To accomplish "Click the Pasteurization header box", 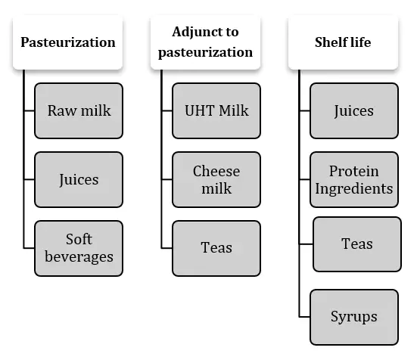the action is click(x=67, y=42).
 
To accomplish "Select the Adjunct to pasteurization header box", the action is click(x=205, y=42).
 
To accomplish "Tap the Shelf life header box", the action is click(x=343, y=42).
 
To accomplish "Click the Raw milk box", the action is click(x=79, y=110).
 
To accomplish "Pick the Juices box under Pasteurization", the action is click(x=79, y=179).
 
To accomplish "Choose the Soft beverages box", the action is click(x=79, y=248).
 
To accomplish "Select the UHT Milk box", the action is click(x=216, y=110).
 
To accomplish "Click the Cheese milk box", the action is click(x=216, y=179).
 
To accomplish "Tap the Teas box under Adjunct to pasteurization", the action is click(x=216, y=248).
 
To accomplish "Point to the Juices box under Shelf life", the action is click(x=354, y=110).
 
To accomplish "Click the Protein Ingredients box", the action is click(x=354, y=179).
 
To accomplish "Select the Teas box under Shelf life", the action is click(x=357, y=244).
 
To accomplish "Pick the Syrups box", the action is click(x=354, y=317).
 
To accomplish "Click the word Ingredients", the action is click(x=354, y=189).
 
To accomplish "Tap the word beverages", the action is click(x=79, y=257).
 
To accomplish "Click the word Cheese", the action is click(x=216, y=171).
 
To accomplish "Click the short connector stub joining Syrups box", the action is click(x=304, y=317).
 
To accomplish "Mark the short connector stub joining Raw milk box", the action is click(x=30, y=110).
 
